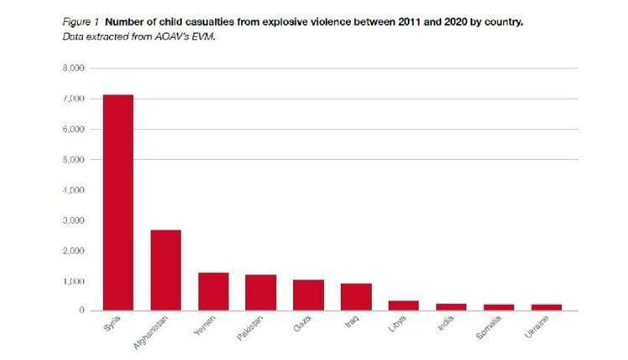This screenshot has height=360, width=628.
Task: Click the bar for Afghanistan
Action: (x=166, y=270)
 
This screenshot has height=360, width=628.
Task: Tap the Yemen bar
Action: (x=214, y=291)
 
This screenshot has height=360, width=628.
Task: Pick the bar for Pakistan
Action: (x=260, y=292)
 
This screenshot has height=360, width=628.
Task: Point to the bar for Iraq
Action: (x=356, y=296)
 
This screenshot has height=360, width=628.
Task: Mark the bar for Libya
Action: (x=404, y=306)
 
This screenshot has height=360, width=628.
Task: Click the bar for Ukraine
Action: (x=546, y=307)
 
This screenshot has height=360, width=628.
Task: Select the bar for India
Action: (x=450, y=306)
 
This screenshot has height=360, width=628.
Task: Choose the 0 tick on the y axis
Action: (x=80, y=311)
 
